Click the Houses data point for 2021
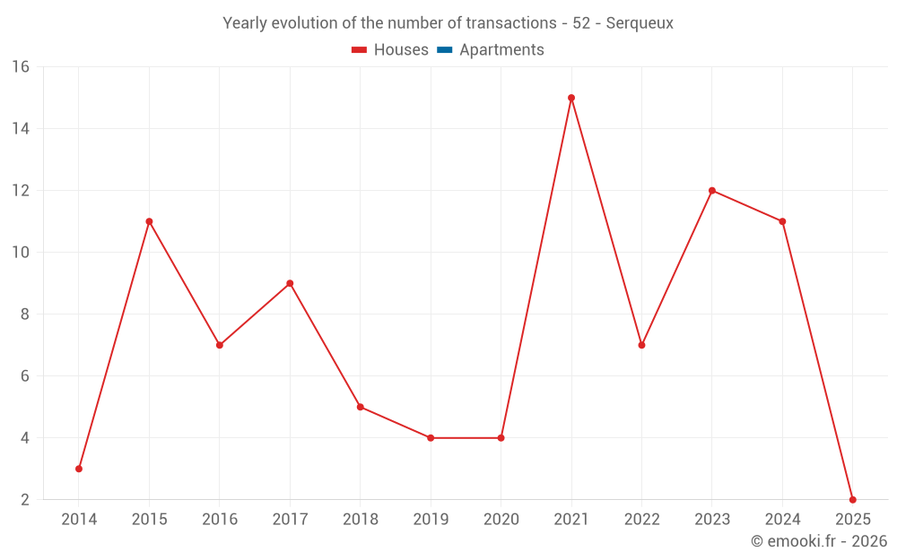[571, 98]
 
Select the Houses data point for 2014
[79, 469]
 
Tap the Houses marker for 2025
[852, 499]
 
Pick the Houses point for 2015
[149, 221]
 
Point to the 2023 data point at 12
[712, 190]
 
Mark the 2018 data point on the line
[361, 407]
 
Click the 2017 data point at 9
[290, 283]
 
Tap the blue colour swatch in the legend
[444, 50]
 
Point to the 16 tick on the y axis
[20, 67]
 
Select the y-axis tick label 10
[20, 253]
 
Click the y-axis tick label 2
[24, 500]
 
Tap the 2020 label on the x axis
[501, 520]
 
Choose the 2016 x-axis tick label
[220, 520]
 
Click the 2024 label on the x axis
[782, 520]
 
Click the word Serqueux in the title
[640, 23]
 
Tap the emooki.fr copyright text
[819, 541]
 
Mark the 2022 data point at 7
[641, 345]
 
